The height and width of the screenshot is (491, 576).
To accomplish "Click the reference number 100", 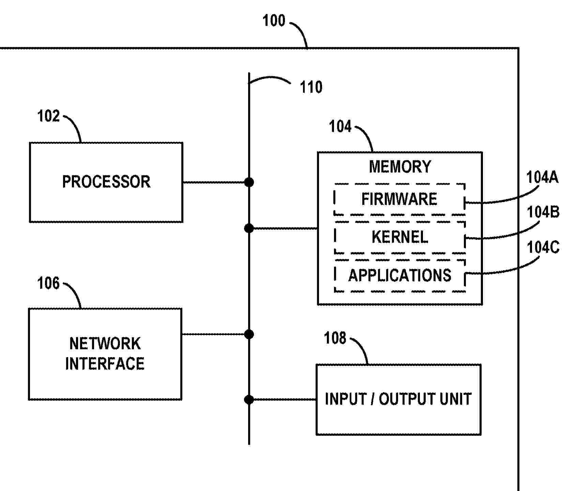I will (x=274, y=21).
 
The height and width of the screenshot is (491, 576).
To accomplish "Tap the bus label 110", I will (x=311, y=87).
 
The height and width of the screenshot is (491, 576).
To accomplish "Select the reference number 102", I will (x=48, y=116).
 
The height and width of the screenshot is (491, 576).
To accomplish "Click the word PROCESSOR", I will (x=106, y=182).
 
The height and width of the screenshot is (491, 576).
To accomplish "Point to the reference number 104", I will (x=340, y=127).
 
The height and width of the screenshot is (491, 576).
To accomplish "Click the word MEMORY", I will (x=400, y=167).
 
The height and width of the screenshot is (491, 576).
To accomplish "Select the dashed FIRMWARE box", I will (x=399, y=199).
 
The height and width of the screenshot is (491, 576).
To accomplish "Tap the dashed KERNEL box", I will (x=399, y=237).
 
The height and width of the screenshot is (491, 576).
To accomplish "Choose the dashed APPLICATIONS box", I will (x=399, y=275).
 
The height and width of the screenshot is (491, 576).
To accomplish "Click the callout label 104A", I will (x=542, y=178).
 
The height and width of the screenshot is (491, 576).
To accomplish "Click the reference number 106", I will (x=48, y=283).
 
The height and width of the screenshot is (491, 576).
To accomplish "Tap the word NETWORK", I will (x=105, y=343).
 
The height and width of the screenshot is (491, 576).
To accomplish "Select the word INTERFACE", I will (x=105, y=364).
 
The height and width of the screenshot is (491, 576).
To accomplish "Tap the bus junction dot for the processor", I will (x=249, y=182).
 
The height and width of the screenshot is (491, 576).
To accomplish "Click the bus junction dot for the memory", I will (x=249, y=228).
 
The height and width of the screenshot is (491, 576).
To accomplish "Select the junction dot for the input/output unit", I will (x=249, y=399).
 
